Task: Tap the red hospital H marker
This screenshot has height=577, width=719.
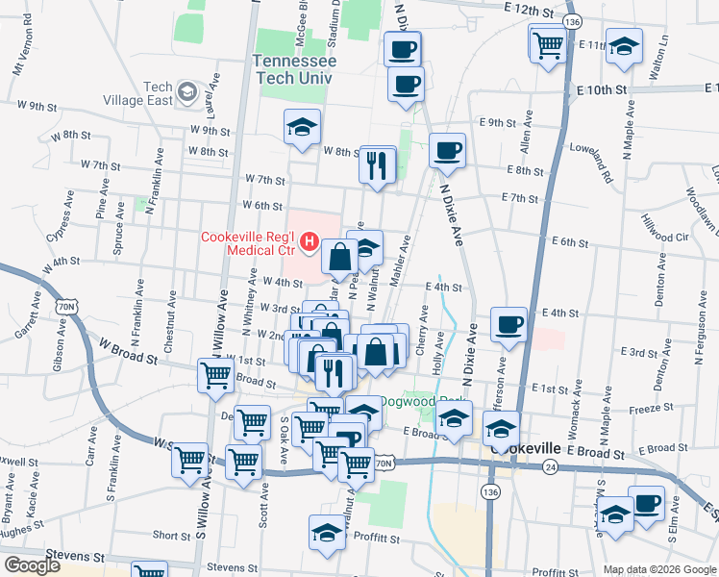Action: pos(310,241)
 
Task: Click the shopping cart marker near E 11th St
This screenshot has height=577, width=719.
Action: pos(547,44)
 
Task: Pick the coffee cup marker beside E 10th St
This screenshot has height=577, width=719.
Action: pos(406,84)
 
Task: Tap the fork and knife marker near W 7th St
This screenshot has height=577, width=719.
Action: pos(378,165)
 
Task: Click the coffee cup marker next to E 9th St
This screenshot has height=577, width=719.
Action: pos(447,151)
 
